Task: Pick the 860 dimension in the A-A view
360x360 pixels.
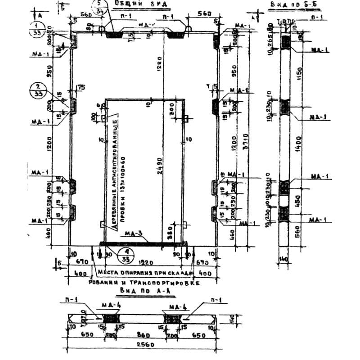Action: point(144,335)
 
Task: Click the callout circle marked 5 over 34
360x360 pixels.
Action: point(99,8)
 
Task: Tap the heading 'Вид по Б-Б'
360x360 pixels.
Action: point(288,4)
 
